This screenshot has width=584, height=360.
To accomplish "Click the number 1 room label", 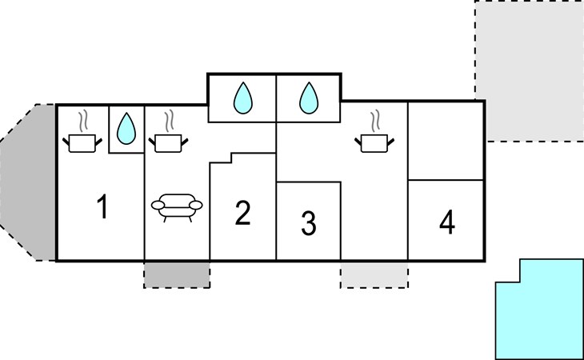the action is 102,206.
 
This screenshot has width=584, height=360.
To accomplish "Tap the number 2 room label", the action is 243,213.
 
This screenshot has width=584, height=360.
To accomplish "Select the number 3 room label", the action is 309,223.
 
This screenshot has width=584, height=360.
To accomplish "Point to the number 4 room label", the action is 447,222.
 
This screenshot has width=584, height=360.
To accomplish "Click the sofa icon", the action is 177,207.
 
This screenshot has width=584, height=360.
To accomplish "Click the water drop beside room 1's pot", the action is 126,129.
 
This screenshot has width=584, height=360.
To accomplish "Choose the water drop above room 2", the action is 243,98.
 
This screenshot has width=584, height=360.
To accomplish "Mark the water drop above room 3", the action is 309,98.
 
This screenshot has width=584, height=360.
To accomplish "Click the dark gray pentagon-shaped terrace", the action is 28,182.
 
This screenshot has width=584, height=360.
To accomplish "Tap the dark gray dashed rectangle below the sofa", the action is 177,274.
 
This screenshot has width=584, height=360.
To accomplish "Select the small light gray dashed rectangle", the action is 374,274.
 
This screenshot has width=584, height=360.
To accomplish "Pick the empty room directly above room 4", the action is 446,141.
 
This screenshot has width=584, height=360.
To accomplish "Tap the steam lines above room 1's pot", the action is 83,120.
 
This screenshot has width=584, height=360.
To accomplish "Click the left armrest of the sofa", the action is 158,205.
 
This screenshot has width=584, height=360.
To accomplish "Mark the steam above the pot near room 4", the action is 375,120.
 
